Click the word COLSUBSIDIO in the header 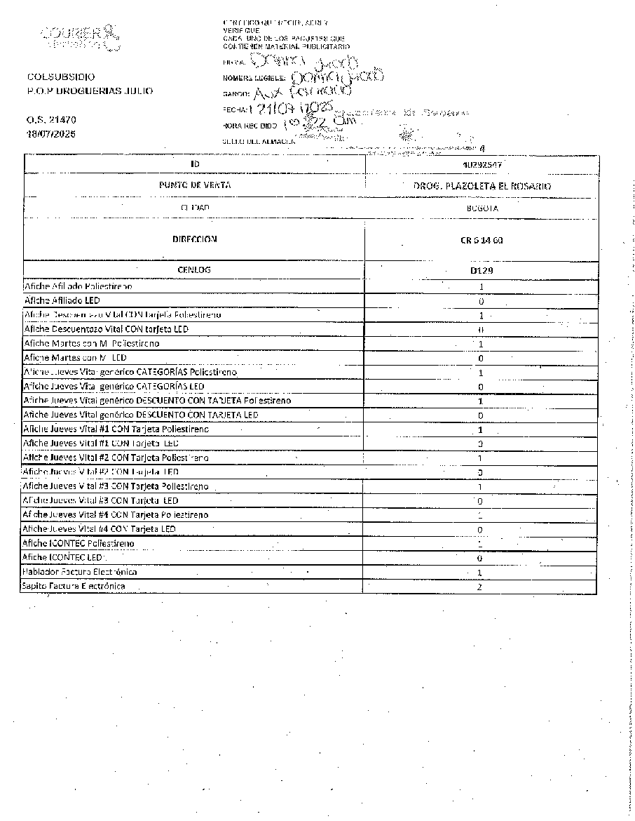click(x=61, y=77)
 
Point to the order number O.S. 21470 click(x=52, y=120)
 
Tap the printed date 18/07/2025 click(x=52, y=133)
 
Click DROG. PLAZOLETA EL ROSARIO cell click(x=482, y=187)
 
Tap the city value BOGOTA click(x=482, y=208)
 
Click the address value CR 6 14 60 click(x=482, y=240)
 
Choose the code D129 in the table click(x=482, y=269)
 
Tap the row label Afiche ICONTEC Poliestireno click(x=78, y=543)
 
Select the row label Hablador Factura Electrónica click(x=79, y=571)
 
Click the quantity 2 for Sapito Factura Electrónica click(x=480, y=587)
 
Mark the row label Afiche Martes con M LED click(x=75, y=358)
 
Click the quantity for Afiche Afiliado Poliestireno click(x=482, y=287)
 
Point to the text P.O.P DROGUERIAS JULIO click(x=89, y=91)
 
